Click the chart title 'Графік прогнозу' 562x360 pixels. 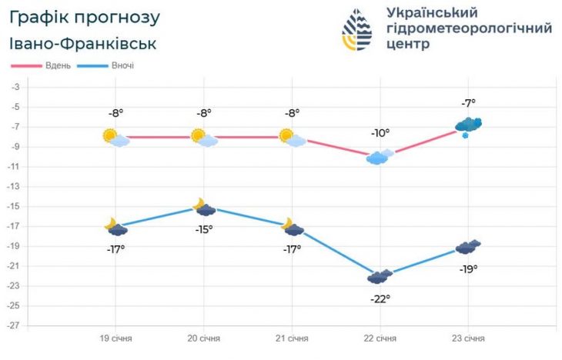[85, 17]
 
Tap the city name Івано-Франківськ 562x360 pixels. [84, 43]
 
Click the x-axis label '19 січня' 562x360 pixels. [115, 338]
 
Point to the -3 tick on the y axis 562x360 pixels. [15, 87]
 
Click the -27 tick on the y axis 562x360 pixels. [13, 325]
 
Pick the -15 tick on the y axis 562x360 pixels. [13, 206]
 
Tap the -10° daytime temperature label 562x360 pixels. [380, 133]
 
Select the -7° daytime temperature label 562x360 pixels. [468, 102]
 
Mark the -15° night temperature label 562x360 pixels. [203, 229]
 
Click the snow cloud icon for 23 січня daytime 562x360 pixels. [468, 125]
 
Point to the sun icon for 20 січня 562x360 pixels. [199, 136]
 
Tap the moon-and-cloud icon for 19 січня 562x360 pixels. [115, 226]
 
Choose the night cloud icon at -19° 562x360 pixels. [468, 247]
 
